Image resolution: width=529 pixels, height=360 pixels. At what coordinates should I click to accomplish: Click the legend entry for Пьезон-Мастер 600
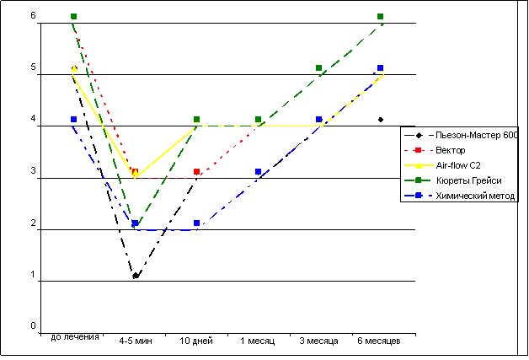[x=477, y=134]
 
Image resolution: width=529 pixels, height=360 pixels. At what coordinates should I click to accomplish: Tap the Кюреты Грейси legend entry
[x=469, y=180]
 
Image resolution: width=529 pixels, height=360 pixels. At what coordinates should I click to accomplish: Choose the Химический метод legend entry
[x=475, y=196]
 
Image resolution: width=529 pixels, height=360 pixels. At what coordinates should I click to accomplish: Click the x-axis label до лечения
[x=75, y=336]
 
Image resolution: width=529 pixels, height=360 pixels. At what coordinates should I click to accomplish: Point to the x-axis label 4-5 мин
[x=135, y=341]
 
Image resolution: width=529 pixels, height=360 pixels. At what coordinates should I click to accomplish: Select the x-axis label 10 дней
[x=196, y=341]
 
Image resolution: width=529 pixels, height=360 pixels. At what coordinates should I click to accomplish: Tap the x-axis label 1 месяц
[x=257, y=341]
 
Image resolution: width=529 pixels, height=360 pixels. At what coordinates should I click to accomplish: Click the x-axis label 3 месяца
[x=318, y=341]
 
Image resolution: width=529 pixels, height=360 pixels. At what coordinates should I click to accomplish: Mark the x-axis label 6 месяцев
[x=380, y=341]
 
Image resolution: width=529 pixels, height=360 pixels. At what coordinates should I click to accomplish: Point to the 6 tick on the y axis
[x=33, y=17]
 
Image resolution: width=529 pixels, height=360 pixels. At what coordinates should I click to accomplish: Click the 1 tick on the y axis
[x=33, y=275]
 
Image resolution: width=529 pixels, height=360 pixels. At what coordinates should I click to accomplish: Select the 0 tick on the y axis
[x=33, y=326]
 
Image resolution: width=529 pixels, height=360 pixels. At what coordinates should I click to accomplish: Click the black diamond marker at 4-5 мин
[x=136, y=276]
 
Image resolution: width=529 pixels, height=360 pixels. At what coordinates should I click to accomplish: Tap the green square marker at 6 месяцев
[x=381, y=17]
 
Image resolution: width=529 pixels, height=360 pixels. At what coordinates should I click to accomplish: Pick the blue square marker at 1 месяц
[x=258, y=172]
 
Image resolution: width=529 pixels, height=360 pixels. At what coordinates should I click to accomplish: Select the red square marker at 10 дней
[x=196, y=172]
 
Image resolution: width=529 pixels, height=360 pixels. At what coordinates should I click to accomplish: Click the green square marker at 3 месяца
[x=319, y=68]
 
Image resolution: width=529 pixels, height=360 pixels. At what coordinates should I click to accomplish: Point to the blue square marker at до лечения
[x=74, y=120]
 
